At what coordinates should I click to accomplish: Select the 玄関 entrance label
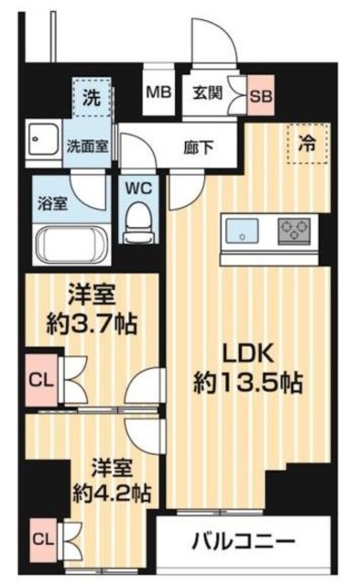point(207,92)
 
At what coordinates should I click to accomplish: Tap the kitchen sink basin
point(243,229)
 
